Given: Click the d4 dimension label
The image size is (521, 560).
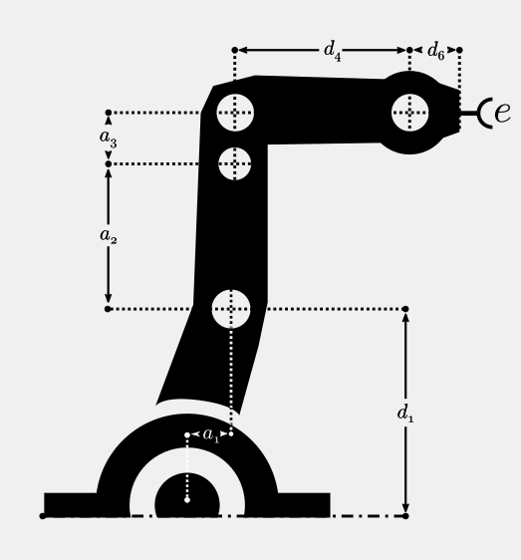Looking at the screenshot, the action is pos(332,51).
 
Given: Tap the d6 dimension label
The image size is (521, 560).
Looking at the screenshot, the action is pos(435,51).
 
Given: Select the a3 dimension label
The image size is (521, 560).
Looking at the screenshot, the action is pos(108,139).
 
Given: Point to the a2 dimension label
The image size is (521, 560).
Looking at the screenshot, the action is pos(109,236).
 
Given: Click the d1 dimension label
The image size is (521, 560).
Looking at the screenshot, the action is pos(405,414).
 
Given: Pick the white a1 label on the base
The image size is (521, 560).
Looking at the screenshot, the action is pos(211,435).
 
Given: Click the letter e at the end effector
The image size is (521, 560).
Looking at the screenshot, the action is pos(502,113).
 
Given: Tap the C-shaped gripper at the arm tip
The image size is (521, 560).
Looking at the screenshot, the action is pos(485,113).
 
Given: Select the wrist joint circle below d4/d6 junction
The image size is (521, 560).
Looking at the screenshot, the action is pos(409,113).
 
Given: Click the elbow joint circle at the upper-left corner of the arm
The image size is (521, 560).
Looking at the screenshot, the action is pos(235,113).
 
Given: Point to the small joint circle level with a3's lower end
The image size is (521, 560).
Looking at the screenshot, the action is pos(235,164).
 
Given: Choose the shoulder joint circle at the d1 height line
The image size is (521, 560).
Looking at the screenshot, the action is pos(231,309).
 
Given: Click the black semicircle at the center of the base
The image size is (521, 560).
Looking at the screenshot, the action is pos(187,495).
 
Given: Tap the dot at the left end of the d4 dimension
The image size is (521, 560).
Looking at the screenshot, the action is pos(235,50).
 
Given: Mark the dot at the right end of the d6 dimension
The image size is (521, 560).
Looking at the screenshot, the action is pos(459,50).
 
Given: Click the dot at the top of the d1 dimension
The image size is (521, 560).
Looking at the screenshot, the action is pos(405,309).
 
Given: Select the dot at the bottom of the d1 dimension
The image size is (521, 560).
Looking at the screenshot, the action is pos(405,516).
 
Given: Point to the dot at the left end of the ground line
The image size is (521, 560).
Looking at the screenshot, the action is pos(42,516).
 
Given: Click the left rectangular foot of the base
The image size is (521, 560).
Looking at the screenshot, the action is pos(71,504).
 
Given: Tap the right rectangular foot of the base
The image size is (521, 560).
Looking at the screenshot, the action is pos(304,504).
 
